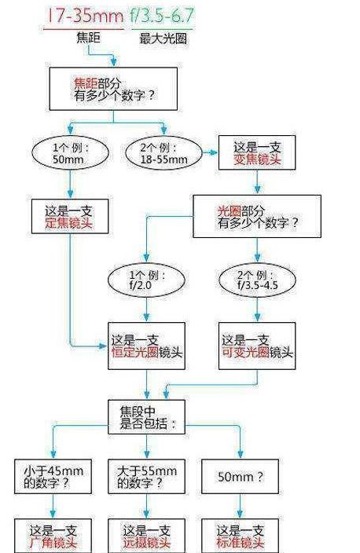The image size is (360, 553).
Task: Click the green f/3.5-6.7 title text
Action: [x=162, y=16]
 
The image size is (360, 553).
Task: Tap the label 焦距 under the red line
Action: [x=88, y=38]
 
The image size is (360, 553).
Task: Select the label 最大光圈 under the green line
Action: [x=163, y=38]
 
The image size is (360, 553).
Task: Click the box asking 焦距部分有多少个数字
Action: [x=113, y=89]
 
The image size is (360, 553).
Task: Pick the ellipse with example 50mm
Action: [x=70, y=153]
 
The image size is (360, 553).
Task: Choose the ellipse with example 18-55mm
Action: [x=163, y=153]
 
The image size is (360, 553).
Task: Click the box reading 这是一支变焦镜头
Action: [x=257, y=152]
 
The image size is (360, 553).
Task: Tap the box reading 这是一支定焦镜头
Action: [x=70, y=216]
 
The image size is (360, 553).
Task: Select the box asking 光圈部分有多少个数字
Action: [x=257, y=216]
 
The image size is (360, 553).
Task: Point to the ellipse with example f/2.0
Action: [x=146, y=280]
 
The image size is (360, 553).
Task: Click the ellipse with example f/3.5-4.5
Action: [x=257, y=280]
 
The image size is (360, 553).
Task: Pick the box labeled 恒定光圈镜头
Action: [x=146, y=346]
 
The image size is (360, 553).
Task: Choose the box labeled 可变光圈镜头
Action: [x=257, y=346]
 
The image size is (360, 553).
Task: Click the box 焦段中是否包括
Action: [x=146, y=417]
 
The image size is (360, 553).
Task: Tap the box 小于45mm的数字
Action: [x=53, y=477]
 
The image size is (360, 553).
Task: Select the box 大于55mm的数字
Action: [x=146, y=477]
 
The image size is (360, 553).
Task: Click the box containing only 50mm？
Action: [x=240, y=477]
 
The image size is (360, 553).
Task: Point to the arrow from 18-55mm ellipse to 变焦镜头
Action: [x=211, y=152]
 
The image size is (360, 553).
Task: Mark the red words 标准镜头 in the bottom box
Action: [x=240, y=543]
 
